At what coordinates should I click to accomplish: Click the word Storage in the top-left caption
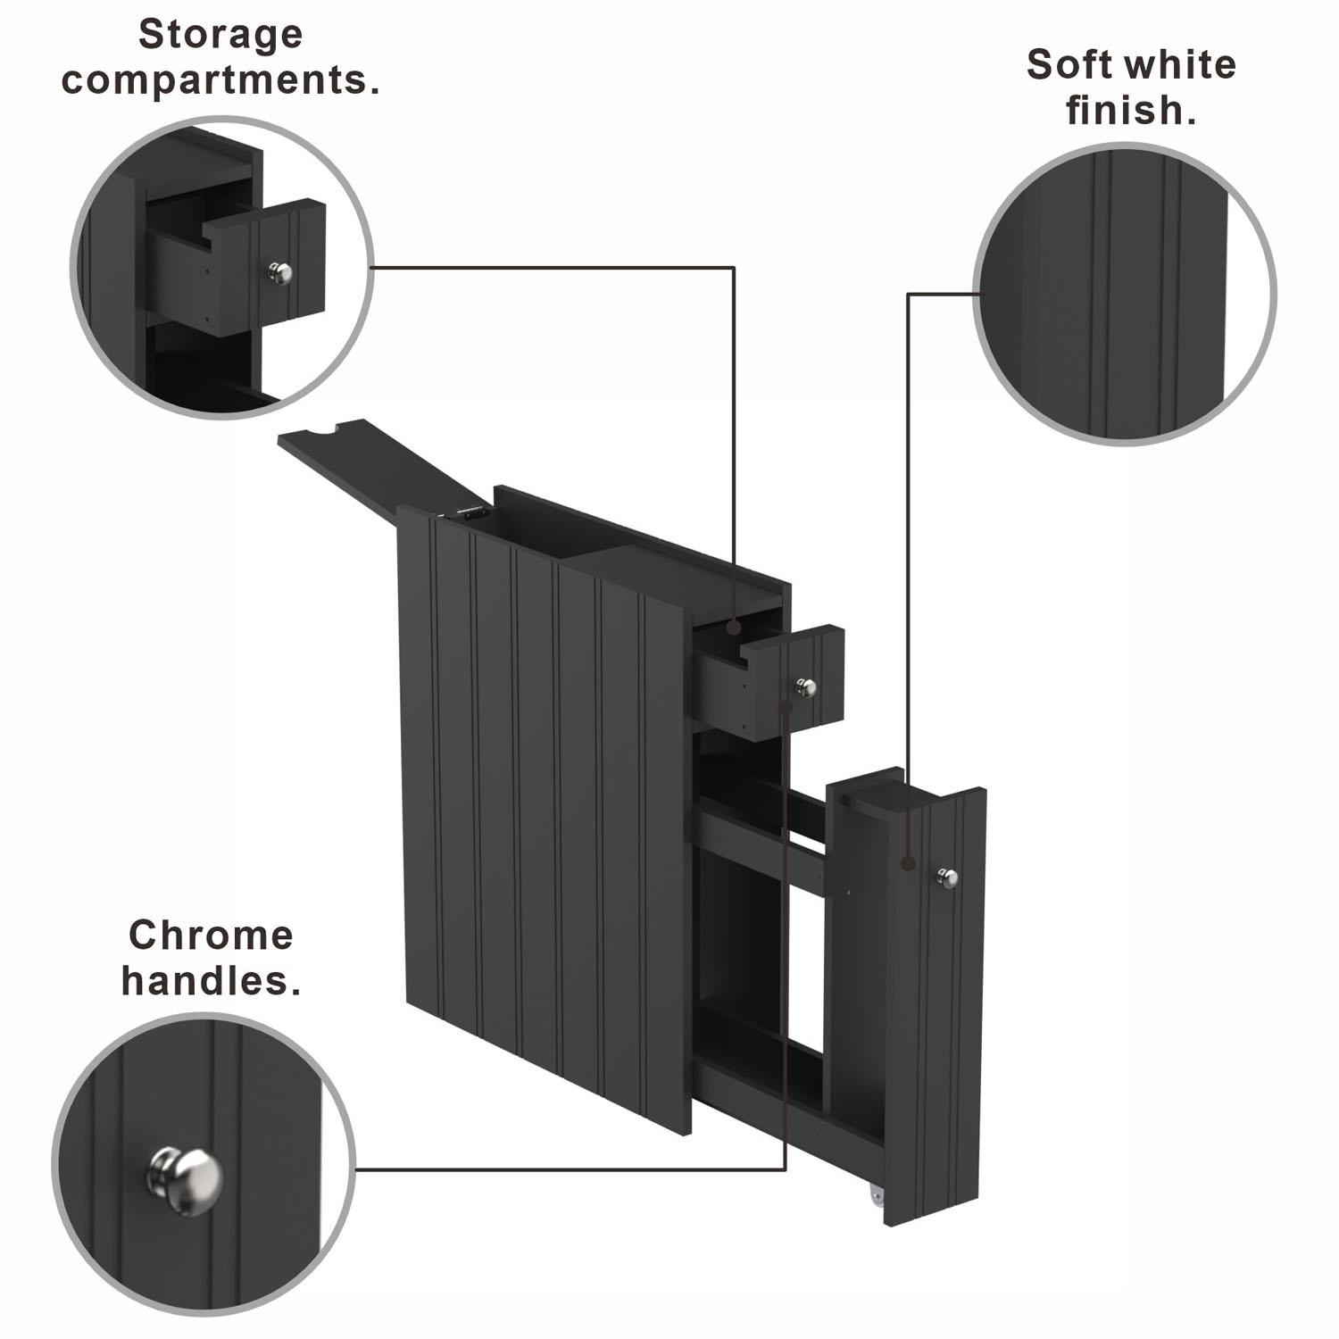220,36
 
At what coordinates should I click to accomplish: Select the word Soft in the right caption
1064,65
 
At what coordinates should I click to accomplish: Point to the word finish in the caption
1128,112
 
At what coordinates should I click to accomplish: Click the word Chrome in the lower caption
211,936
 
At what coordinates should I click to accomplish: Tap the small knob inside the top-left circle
280,272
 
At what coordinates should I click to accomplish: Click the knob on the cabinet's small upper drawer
805,686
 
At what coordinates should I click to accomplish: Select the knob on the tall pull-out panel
947,877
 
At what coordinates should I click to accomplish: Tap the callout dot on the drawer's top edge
733,628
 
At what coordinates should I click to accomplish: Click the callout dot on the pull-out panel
908,863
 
